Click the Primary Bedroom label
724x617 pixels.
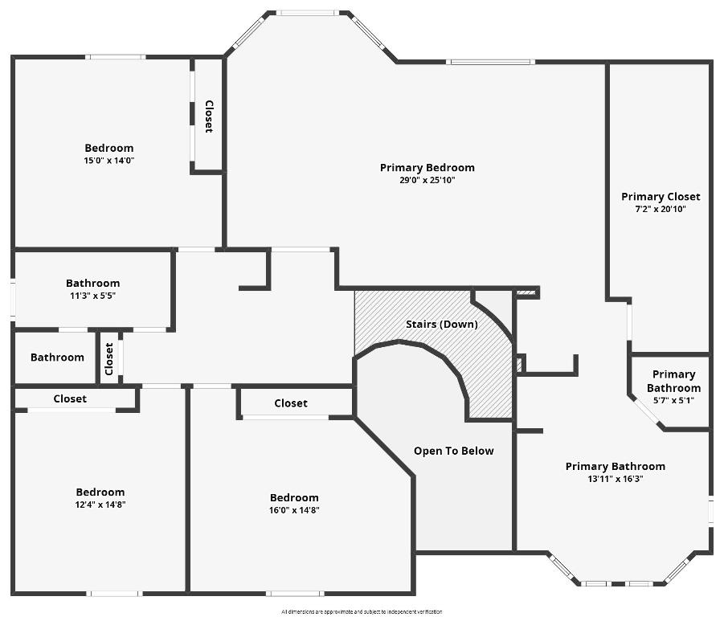coord(427,167)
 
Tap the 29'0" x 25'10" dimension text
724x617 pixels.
coord(427,180)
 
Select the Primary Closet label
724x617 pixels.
coord(661,196)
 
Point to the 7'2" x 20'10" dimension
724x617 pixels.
coord(661,209)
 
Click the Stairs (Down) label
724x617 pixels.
coord(441,324)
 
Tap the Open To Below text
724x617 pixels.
coord(453,451)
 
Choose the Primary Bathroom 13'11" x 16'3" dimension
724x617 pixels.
coord(616,479)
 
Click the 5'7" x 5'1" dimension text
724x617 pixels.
coord(673,400)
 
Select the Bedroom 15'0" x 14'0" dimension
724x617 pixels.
coord(109,160)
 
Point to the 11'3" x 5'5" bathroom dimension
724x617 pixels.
coord(92,296)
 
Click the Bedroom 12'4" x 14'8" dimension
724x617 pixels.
coord(100,505)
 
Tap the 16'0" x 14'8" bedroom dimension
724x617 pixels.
coord(294,510)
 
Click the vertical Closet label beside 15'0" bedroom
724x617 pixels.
coord(209,116)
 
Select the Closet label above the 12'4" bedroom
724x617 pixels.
coord(70,398)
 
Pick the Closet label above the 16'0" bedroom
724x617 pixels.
coord(291,403)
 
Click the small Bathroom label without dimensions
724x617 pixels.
coord(57,358)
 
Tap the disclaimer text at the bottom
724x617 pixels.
coord(362,612)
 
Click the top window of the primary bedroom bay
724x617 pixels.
coord(308,13)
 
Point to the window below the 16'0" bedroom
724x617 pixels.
coord(295,594)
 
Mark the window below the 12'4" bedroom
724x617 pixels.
coord(115,594)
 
